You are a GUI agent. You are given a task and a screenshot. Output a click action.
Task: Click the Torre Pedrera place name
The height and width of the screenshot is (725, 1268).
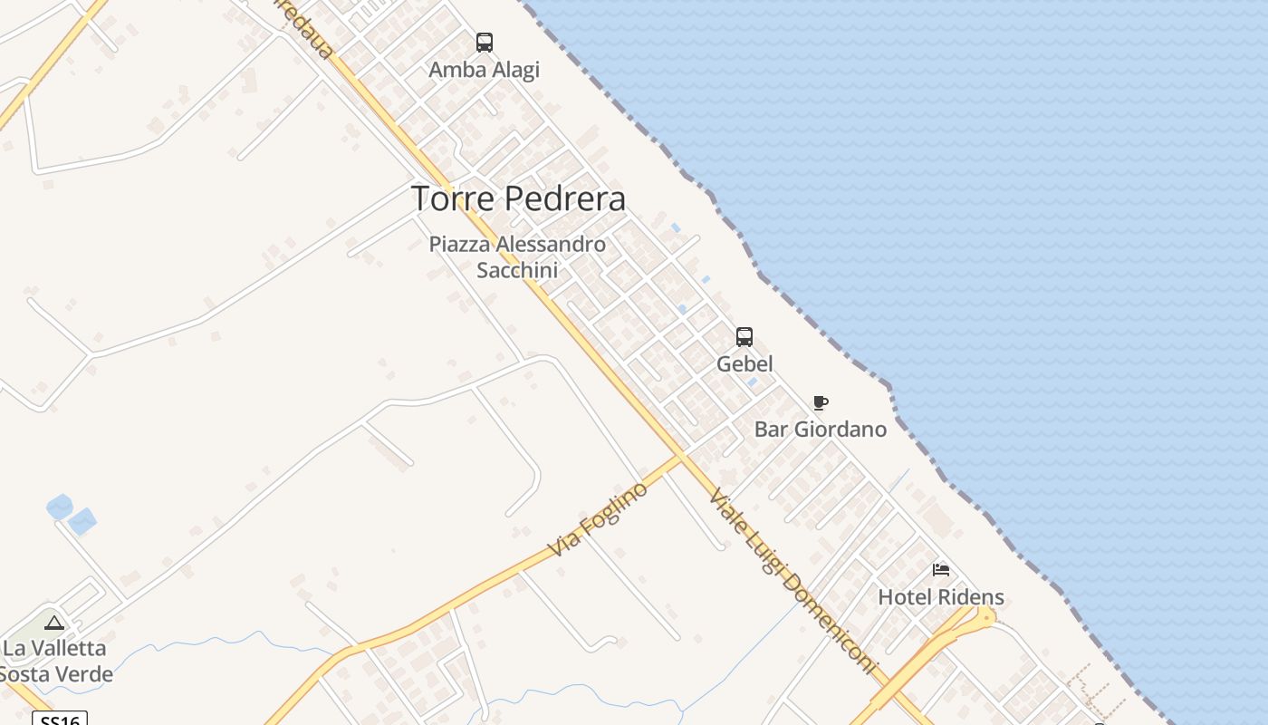coord(518,198)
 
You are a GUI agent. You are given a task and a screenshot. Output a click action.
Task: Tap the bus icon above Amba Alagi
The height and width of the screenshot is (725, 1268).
coord(485,43)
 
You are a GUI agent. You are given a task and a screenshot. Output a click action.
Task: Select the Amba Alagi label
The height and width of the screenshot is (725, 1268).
coord(484,70)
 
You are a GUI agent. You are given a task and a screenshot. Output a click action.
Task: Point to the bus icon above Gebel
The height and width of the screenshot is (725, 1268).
coord(744,337)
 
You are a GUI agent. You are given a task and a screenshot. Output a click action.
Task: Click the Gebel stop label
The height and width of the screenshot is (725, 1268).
coord(744,363)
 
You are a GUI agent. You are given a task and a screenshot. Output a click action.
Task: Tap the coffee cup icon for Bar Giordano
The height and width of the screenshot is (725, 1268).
coord(821,402)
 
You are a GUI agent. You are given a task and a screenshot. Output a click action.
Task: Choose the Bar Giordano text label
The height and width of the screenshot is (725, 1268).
coord(820,429)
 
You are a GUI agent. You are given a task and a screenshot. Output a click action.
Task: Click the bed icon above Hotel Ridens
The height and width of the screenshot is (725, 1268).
coord(941,570)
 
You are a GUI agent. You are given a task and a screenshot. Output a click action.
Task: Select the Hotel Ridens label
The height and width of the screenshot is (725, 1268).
coord(941,597)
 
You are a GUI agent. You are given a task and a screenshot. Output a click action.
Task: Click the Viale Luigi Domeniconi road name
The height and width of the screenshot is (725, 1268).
coord(793,581)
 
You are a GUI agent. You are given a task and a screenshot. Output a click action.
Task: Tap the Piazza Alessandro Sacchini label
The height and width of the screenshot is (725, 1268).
coord(517,256)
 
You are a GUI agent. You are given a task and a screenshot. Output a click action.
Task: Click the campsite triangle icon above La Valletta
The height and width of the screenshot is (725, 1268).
coord(54,623)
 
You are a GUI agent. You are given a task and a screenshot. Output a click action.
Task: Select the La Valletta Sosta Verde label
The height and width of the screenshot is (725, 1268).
coord(56,662)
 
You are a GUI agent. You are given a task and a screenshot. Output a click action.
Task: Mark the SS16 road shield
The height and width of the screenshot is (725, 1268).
coord(60,719)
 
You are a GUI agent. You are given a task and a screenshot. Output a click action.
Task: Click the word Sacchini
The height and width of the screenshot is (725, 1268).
coord(517,270)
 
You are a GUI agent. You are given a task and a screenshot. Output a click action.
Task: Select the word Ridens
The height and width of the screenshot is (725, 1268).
coord(970,597)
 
